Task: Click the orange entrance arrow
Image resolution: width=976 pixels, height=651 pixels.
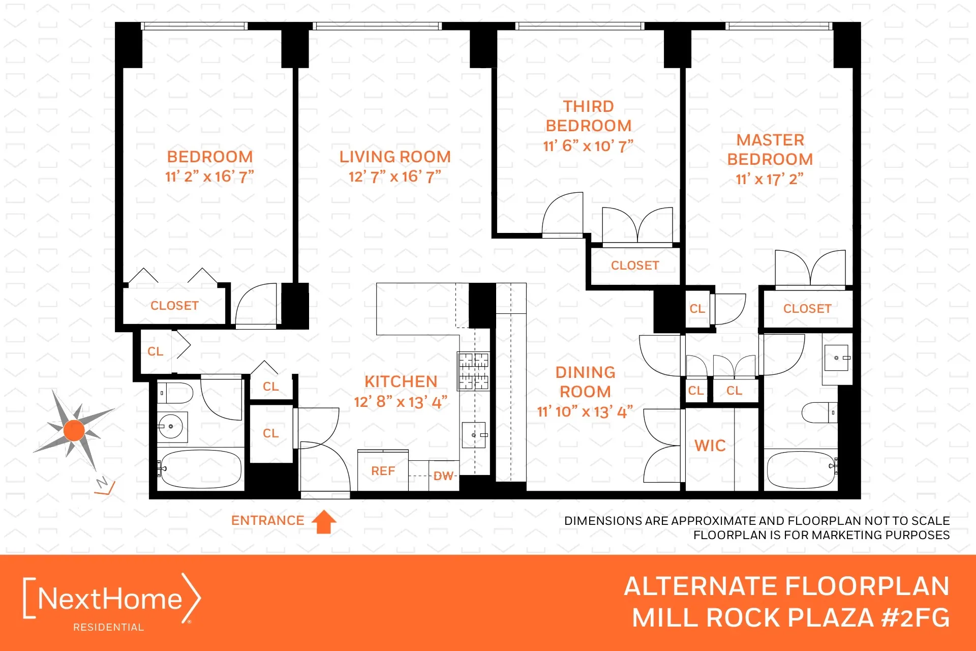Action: point(324,522)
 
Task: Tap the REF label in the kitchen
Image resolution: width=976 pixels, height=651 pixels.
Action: point(383,471)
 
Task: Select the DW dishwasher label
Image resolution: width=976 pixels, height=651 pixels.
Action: point(443,476)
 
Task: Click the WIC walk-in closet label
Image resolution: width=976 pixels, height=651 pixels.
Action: point(710,446)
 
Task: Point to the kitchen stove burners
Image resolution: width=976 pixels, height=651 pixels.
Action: point(473,371)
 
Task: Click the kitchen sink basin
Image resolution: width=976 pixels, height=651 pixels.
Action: point(473,435)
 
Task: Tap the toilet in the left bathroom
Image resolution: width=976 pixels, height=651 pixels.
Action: point(175,393)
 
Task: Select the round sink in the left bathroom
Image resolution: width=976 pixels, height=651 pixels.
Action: point(171,426)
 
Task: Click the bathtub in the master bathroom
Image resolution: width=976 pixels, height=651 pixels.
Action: point(800,469)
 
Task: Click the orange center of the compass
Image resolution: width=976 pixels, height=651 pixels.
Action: point(74,430)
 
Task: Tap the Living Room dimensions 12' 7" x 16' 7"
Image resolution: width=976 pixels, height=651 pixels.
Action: point(394,176)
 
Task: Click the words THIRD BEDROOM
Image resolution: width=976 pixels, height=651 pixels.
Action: point(588,116)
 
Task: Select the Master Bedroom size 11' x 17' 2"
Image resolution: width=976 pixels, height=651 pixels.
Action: point(769,179)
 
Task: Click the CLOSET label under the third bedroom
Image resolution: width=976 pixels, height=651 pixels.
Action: point(634,265)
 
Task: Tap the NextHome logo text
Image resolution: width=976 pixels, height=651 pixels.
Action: point(110,599)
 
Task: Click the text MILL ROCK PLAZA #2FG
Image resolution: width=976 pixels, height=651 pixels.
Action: point(790,618)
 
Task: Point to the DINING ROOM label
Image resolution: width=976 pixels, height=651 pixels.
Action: point(585,382)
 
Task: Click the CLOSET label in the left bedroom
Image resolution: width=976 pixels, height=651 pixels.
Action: point(174,306)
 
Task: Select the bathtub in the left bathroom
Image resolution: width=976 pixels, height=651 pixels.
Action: point(199,469)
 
